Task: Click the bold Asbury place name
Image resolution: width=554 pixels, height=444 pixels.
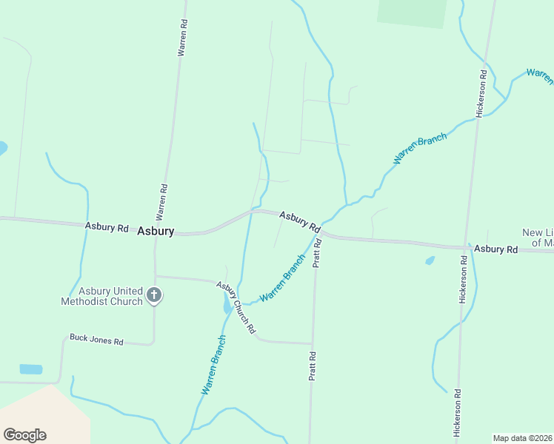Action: pyautogui.click(x=156, y=231)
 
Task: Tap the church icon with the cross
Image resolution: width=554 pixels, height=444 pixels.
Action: pyautogui.click(x=154, y=295)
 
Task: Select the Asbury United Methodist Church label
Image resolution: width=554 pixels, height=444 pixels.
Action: pyautogui.click(x=101, y=296)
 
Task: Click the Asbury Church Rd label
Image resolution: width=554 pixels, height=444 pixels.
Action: pyautogui.click(x=236, y=306)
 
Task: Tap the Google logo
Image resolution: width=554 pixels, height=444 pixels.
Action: pyautogui.click(x=24, y=435)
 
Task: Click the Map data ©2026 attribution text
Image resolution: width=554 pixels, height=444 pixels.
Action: pyautogui.click(x=523, y=438)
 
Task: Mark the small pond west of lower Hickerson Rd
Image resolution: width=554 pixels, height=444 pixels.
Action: pyautogui.click(x=430, y=260)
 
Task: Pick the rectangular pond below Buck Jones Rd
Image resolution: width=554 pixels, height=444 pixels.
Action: pyautogui.click(x=31, y=369)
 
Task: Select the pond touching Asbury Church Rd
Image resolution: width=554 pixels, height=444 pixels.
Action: pyautogui.click(x=227, y=303)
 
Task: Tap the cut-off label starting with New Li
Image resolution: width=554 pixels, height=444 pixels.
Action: pyautogui.click(x=538, y=238)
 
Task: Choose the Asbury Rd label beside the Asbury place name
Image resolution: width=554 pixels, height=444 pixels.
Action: pyautogui.click(x=107, y=227)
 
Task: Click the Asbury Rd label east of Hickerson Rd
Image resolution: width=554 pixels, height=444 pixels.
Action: pyautogui.click(x=496, y=249)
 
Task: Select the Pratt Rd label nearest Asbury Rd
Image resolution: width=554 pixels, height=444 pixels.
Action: pyautogui.click(x=317, y=252)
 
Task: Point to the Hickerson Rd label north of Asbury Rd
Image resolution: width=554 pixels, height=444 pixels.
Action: pyautogui.click(x=481, y=93)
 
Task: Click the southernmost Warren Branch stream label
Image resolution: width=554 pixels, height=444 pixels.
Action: pyautogui.click(x=213, y=364)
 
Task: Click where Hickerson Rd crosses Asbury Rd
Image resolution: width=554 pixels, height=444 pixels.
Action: pyautogui.click(x=468, y=246)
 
